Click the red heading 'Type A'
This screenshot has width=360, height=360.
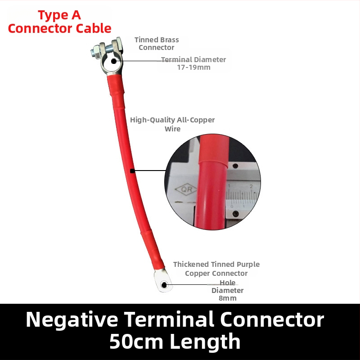coord(59,15)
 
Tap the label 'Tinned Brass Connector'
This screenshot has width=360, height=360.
coord(157,44)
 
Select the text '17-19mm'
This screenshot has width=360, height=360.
coord(194,67)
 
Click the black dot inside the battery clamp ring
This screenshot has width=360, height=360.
coord(114,61)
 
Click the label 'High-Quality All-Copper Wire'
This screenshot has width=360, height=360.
coord(172,124)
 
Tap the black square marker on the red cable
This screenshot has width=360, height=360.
coord(132,171)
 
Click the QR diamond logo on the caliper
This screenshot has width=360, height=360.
coord(186,189)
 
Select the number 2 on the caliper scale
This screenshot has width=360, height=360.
coord(251,186)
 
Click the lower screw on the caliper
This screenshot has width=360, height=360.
coord(235,214)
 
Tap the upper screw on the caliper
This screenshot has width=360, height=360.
coord(235,166)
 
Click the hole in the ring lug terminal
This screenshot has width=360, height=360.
coord(164,285)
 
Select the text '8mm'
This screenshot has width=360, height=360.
coord(228,298)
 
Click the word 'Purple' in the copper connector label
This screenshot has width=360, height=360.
coord(248,265)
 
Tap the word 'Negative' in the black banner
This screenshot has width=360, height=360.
coord(72,319)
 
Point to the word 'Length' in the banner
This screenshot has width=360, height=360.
coord(205,342)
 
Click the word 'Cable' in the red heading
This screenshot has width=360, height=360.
coord(94,28)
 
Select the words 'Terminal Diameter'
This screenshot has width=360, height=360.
coord(193,60)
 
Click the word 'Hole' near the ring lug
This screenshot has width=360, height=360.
coord(228,283)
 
